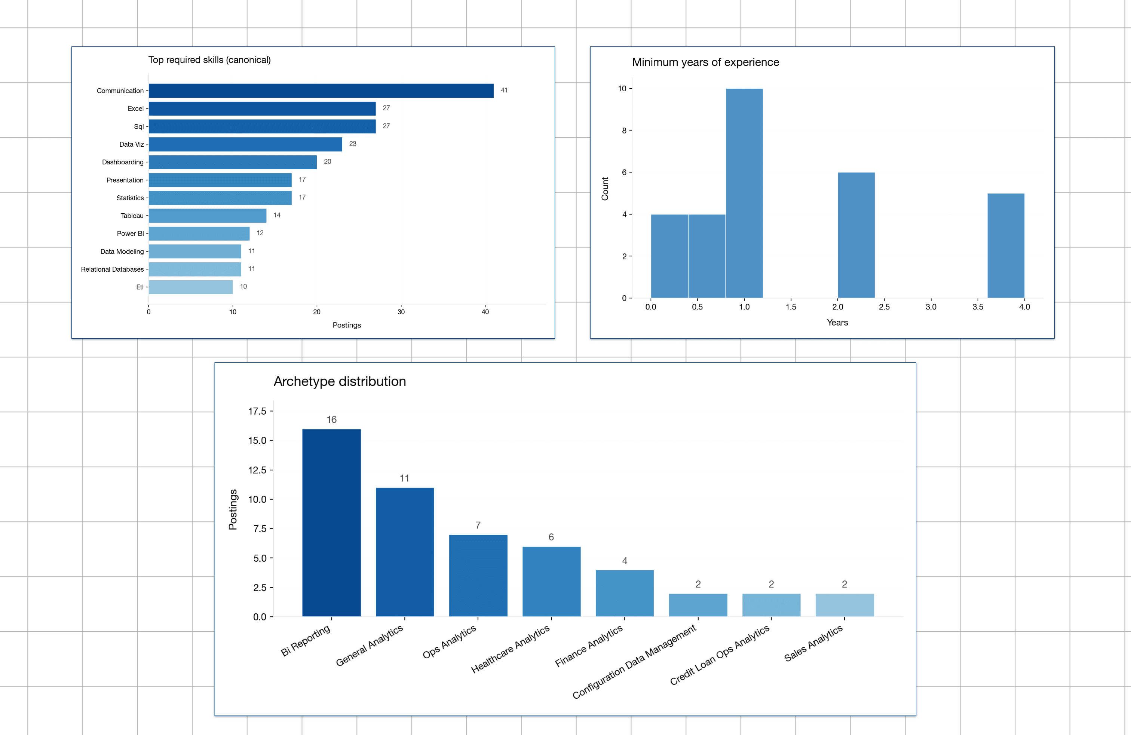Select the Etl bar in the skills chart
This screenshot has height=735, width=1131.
point(191,287)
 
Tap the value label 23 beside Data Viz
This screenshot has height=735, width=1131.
point(353,144)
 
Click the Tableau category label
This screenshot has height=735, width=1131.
point(132,216)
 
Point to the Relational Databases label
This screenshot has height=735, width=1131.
point(112,269)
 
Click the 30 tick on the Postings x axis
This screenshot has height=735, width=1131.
point(401,312)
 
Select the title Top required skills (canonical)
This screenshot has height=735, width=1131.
point(209,60)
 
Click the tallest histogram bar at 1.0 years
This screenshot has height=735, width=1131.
point(744,193)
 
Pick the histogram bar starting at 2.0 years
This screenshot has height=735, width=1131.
point(856,235)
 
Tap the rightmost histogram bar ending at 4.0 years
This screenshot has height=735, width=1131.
point(1006,245)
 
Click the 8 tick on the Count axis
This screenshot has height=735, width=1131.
point(624,131)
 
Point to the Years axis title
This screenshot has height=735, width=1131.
point(837,323)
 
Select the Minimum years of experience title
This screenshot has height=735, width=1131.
point(705,62)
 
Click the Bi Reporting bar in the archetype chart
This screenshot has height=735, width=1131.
point(331,523)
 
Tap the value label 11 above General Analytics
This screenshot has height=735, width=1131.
point(404,478)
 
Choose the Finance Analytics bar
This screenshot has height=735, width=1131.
point(625,593)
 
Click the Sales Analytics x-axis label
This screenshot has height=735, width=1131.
point(813,643)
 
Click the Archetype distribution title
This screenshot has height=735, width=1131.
point(340,381)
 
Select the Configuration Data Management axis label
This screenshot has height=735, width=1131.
point(634,662)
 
